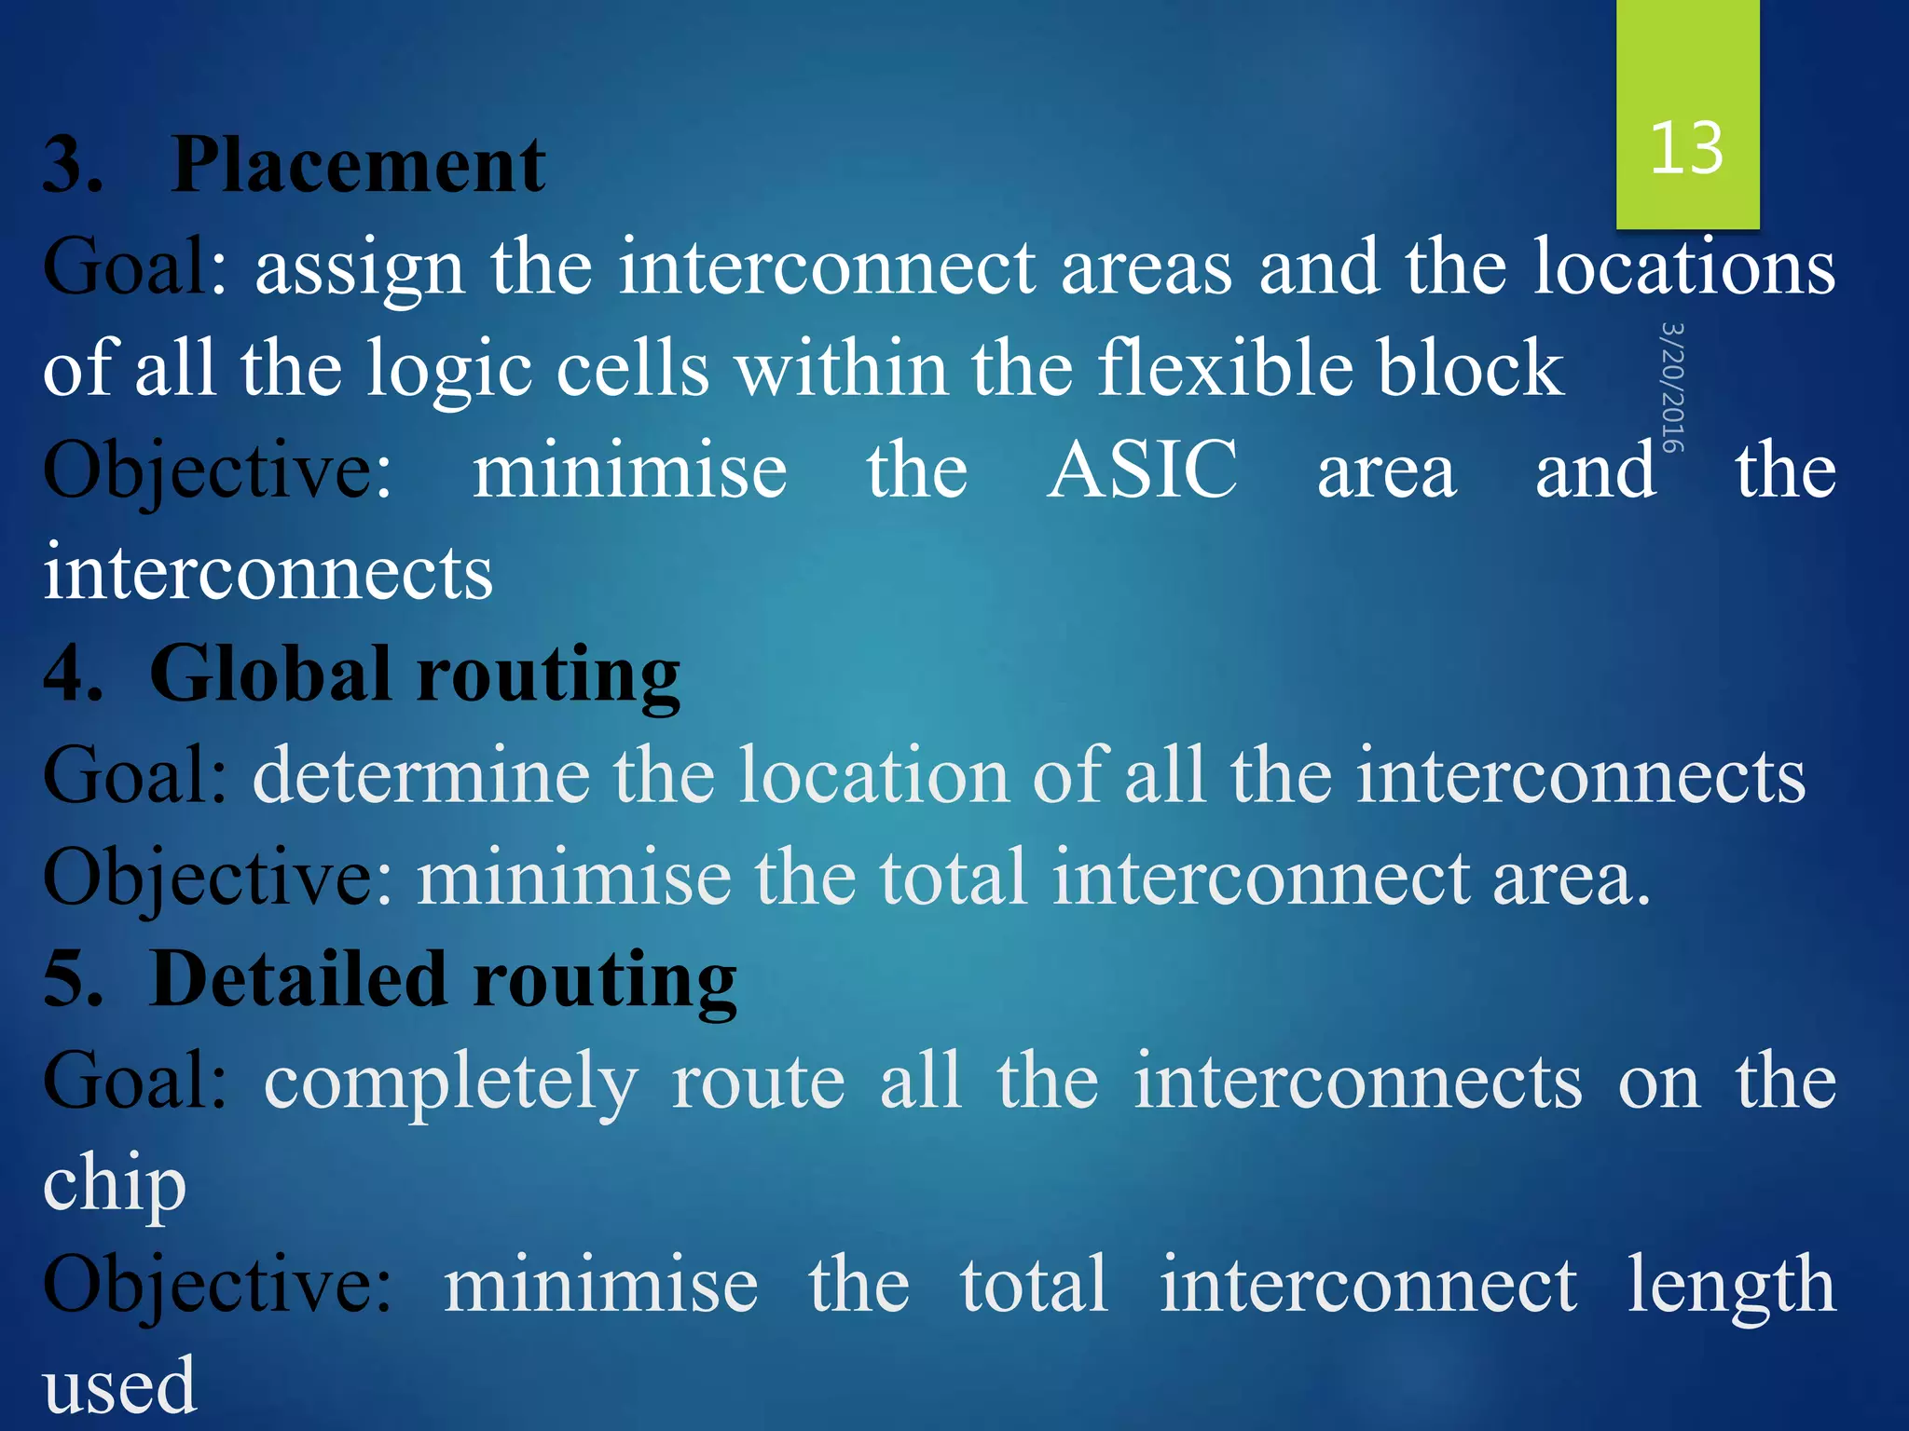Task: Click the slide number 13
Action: point(1686,149)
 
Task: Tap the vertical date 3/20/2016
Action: point(1672,388)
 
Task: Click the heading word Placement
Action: point(358,166)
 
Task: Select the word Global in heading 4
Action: point(270,675)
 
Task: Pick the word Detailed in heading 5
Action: point(298,980)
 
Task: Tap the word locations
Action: point(1685,267)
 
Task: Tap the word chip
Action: point(115,1185)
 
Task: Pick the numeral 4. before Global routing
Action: point(73,675)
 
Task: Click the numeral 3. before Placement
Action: point(73,166)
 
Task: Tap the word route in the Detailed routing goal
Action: point(758,1083)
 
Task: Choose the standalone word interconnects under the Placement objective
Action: point(268,573)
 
